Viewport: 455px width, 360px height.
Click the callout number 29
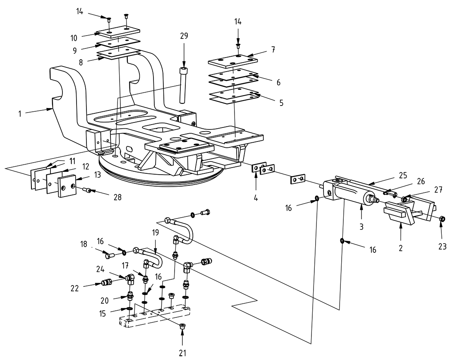point(184,36)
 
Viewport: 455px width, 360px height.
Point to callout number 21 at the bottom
point(182,353)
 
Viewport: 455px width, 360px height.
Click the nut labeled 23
point(441,218)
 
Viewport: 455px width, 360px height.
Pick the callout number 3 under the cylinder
point(361,227)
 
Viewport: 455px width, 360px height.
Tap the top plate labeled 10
point(118,33)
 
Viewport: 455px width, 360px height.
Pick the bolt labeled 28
point(87,190)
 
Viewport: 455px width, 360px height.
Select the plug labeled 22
point(108,283)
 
